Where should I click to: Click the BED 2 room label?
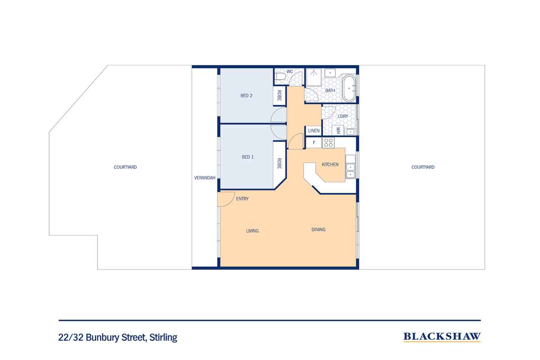tap(246, 96)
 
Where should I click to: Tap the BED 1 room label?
tap(248, 157)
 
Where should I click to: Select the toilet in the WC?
tap(280, 77)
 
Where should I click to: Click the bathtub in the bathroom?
tap(349, 89)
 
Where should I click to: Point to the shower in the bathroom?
tap(313, 77)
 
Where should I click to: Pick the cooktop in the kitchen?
tap(328, 143)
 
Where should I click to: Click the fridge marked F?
tap(313, 143)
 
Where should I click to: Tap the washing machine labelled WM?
tap(338, 130)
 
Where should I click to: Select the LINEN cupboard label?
tap(313, 131)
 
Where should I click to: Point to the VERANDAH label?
tap(205, 178)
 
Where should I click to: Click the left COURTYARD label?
tap(125, 167)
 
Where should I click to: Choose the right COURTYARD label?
tap(423, 167)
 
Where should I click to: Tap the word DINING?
tap(319, 230)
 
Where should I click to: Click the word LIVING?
tap(252, 231)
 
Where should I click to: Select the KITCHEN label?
tap(330, 165)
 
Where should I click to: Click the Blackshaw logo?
tap(442, 337)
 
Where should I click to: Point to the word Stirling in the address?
tap(163, 337)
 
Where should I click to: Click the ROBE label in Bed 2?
tap(279, 95)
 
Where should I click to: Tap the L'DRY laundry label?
tap(343, 116)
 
